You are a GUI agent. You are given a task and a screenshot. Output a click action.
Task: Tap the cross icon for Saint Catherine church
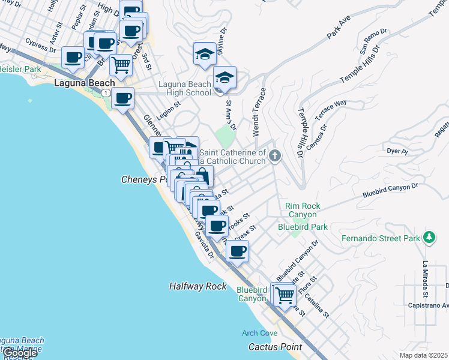point(275,157)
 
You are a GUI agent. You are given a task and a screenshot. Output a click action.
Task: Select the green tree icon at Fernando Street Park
point(429,238)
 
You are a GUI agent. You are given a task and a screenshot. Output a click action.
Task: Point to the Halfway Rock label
point(197,287)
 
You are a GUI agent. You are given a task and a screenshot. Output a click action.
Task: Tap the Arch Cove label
point(259,333)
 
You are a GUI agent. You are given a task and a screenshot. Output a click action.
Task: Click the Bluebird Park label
point(303,227)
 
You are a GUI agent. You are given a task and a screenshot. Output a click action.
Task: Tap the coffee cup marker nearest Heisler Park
point(73,58)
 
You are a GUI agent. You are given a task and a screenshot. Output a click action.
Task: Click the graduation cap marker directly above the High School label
point(225,78)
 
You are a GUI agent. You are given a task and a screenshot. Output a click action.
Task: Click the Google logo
point(19,353)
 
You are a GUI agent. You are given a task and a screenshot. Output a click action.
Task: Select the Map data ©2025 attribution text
point(423,355)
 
